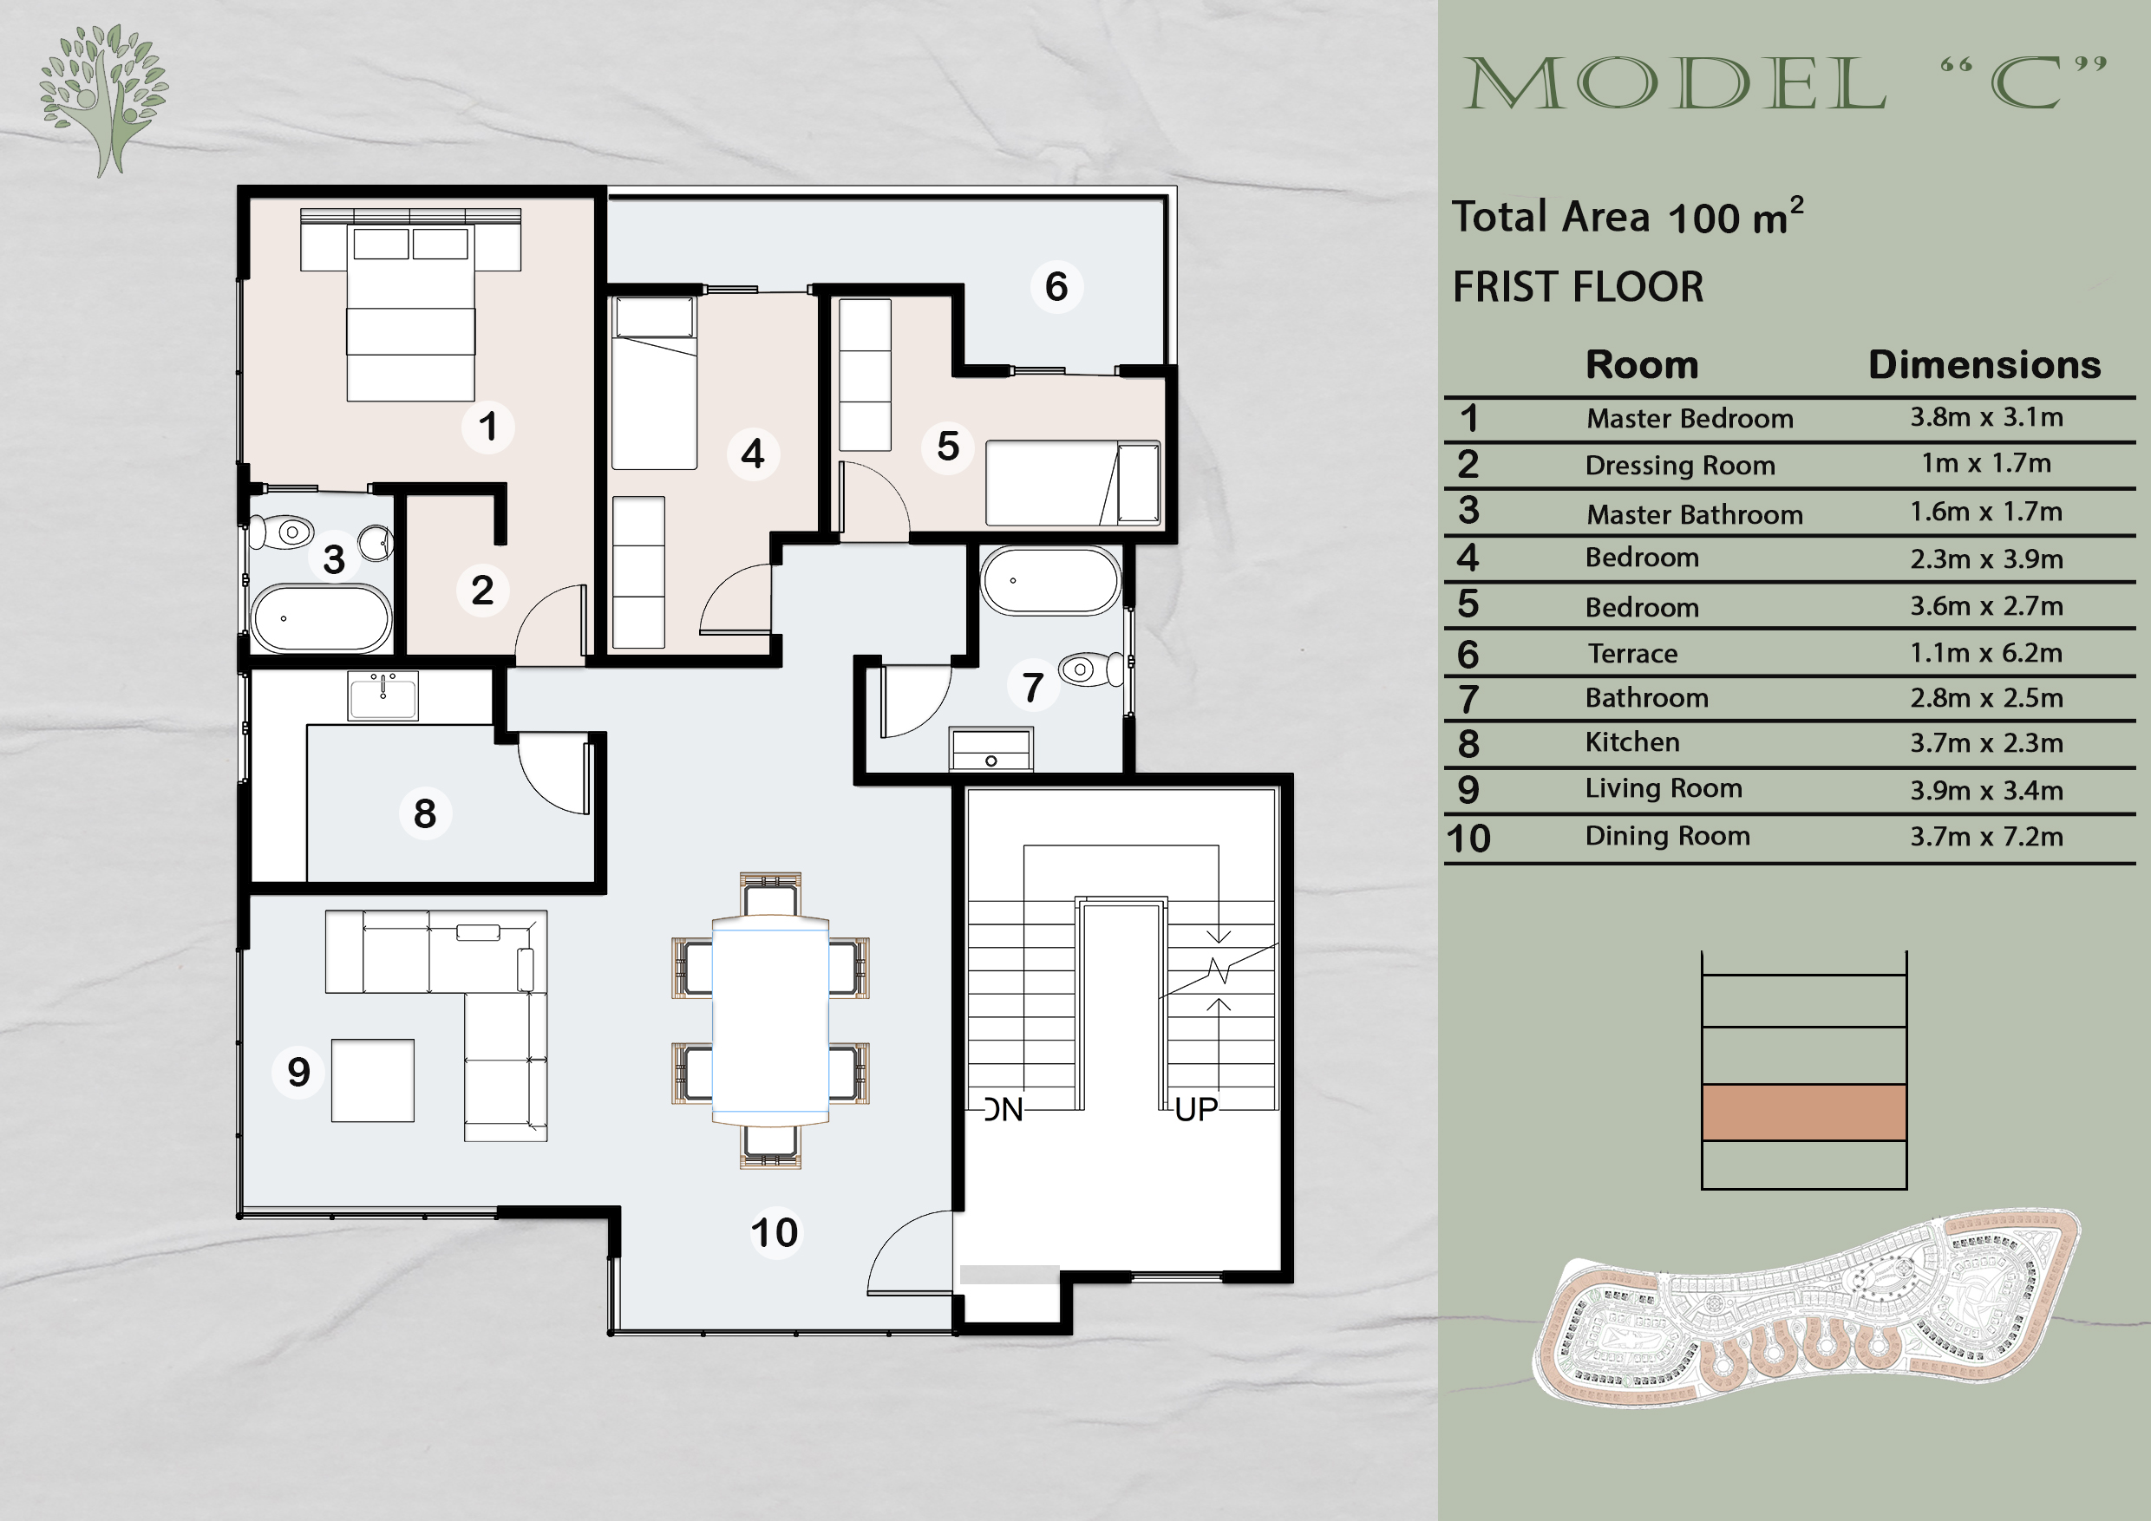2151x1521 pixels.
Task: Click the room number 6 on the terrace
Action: (x=1056, y=286)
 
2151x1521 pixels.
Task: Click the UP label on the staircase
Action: (x=1195, y=1110)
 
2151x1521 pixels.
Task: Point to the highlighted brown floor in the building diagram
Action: (x=1803, y=1113)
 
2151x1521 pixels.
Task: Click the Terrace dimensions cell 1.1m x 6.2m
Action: (x=1986, y=653)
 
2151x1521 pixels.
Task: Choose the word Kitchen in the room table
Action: (x=1632, y=741)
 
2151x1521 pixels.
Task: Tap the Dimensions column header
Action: (x=1984, y=364)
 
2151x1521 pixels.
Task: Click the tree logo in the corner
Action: (x=103, y=98)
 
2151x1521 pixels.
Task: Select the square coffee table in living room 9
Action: (x=372, y=1080)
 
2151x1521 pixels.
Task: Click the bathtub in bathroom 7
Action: (x=1050, y=581)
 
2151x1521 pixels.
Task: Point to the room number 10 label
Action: (x=774, y=1232)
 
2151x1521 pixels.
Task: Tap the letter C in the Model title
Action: (x=2024, y=84)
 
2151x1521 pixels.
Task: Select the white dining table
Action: (x=770, y=1021)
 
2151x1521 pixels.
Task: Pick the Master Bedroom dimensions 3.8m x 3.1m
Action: (x=1986, y=417)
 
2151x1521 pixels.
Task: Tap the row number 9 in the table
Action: (x=1468, y=789)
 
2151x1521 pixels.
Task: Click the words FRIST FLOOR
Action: (x=1578, y=286)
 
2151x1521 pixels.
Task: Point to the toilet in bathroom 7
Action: (x=1089, y=669)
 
